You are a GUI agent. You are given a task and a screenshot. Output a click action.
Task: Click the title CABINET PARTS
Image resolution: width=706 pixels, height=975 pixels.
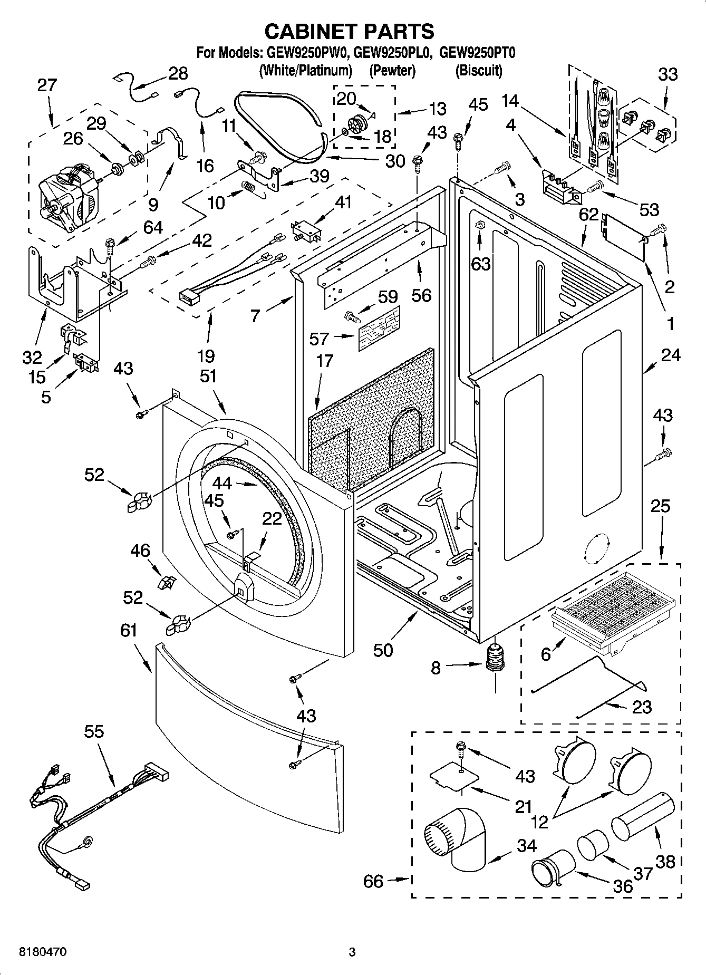click(349, 32)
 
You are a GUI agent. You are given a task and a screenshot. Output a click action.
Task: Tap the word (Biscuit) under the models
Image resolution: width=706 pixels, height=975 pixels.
click(478, 70)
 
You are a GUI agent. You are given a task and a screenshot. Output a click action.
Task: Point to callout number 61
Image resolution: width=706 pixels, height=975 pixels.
click(129, 630)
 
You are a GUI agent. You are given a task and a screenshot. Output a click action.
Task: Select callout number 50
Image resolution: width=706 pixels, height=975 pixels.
click(383, 650)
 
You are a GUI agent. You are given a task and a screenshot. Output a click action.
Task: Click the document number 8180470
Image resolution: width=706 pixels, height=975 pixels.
click(43, 952)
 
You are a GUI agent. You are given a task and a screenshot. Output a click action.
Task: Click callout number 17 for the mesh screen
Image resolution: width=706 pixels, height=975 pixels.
click(325, 361)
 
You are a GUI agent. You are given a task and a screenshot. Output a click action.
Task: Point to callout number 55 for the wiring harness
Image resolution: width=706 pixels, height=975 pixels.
click(94, 731)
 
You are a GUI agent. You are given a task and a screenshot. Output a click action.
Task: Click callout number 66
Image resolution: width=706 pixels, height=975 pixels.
click(373, 881)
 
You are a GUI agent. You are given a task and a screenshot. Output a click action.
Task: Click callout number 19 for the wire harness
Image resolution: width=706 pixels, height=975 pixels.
click(206, 356)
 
